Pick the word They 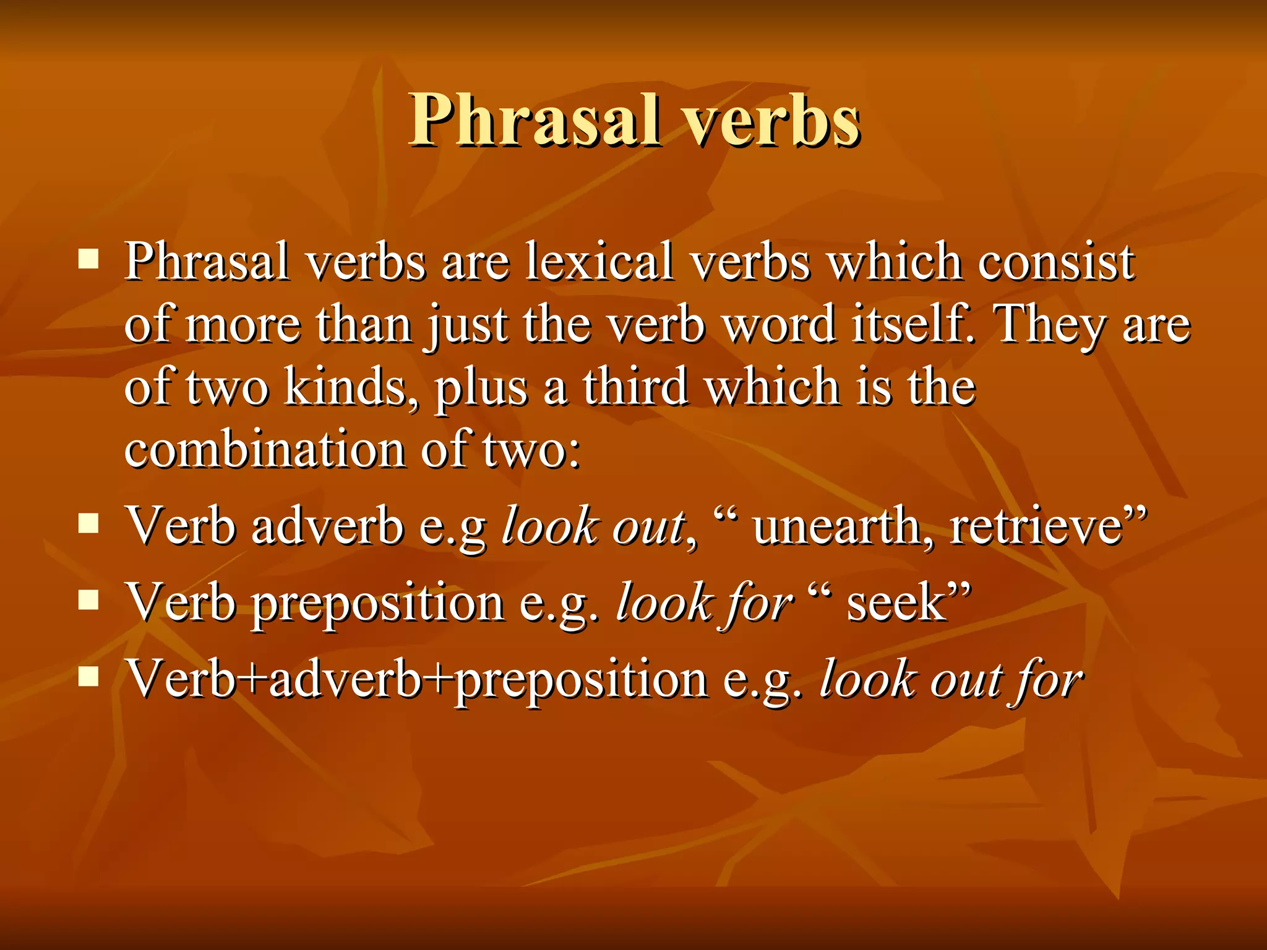pyautogui.click(x=1049, y=325)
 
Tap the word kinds pyautogui.click(x=350, y=388)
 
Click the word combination pyautogui.click(x=265, y=449)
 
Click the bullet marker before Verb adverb pyautogui.click(x=89, y=524)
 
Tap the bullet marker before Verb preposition pyautogui.click(x=89, y=600)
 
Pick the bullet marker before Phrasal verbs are pyautogui.click(x=89, y=259)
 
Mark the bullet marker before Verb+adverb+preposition pyautogui.click(x=89, y=677)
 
